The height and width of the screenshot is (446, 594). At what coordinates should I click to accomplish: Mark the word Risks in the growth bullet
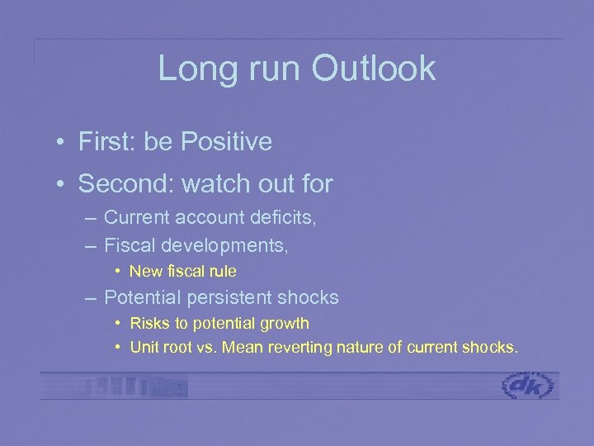click(147, 323)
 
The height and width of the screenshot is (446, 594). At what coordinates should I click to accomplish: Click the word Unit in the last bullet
click(144, 348)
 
